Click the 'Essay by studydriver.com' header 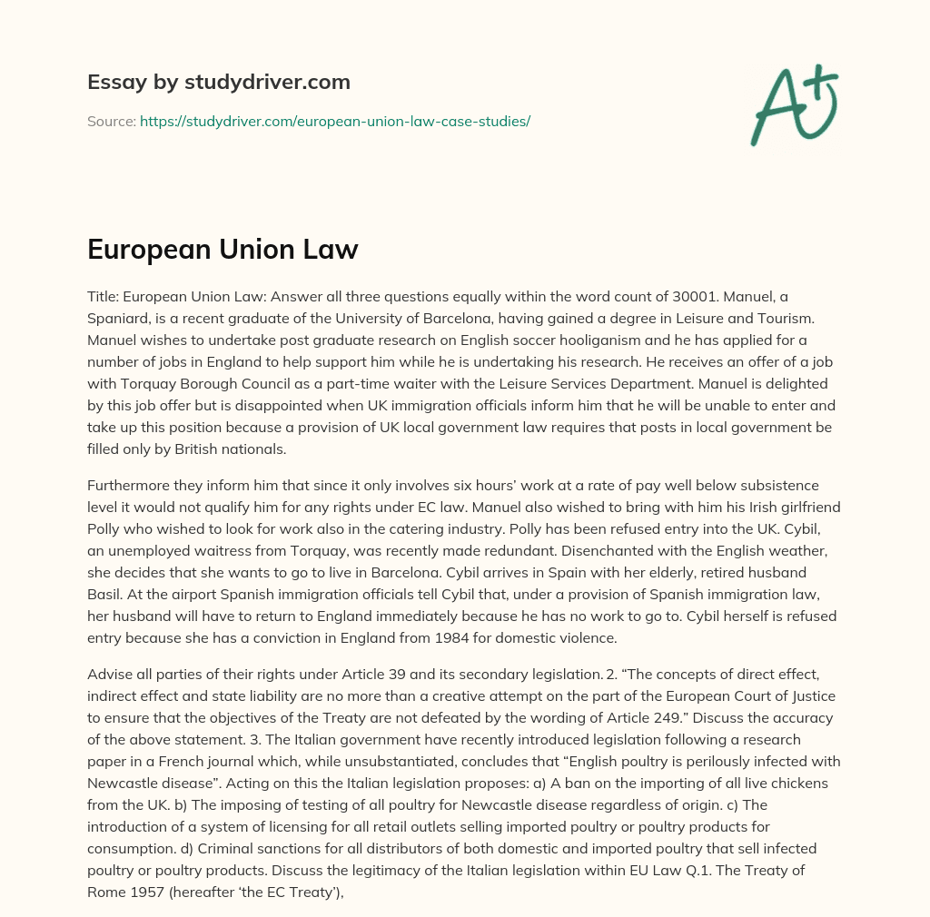pos(218,83)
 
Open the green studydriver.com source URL pos(334,121)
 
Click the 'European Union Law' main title pos(223,250)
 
